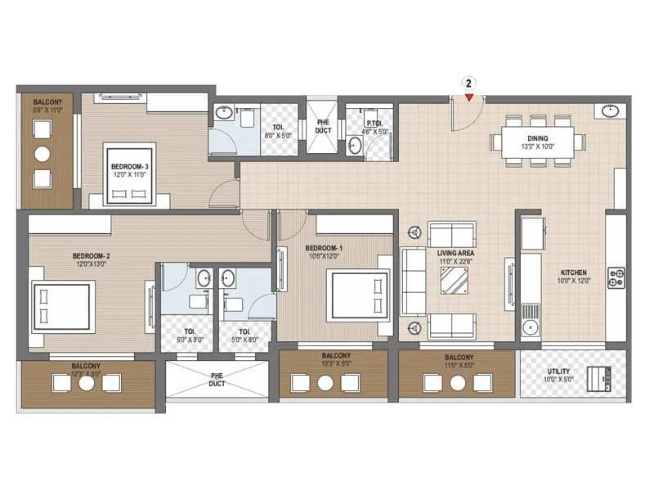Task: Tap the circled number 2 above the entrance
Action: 469,83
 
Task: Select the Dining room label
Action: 538,143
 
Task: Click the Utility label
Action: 560,376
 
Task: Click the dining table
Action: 538,142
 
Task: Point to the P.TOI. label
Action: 362,124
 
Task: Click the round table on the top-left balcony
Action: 43,154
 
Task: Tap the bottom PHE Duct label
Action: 217,379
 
